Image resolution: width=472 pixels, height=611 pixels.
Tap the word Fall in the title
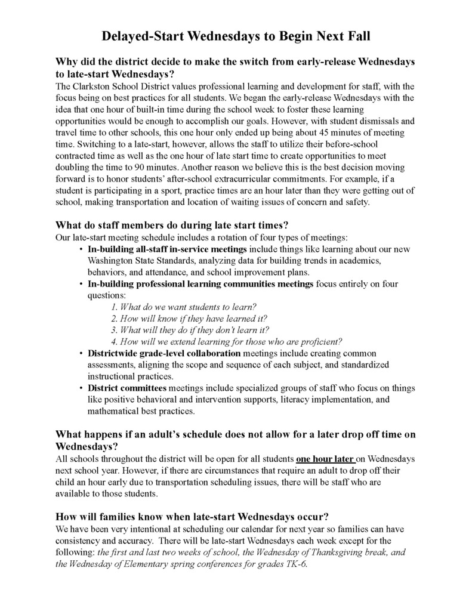[356, 36]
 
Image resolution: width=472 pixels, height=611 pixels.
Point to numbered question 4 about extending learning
[227, 341]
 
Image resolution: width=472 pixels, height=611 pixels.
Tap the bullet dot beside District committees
[81, 388]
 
